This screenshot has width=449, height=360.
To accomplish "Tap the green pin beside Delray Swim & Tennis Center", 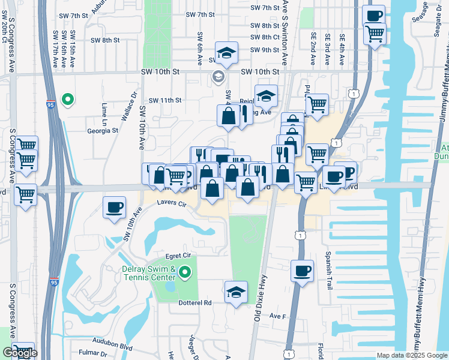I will [185, 274].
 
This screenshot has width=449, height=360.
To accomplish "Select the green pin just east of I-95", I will [68, 99].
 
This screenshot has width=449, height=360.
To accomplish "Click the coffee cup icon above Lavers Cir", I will [114, 208].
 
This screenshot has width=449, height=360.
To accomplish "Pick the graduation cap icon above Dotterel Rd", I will [236, 293].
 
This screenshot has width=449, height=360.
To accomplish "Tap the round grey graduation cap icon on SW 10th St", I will [217, 76].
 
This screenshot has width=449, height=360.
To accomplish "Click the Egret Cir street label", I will [180, 256].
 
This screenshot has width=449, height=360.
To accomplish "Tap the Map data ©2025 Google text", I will [412, 355].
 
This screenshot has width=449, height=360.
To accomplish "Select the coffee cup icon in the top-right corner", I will [374, 15].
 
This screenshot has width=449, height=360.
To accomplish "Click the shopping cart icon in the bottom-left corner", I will [24, 352].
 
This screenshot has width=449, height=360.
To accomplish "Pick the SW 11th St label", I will [165, 100].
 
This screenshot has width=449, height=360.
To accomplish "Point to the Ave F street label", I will [276, 316].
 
